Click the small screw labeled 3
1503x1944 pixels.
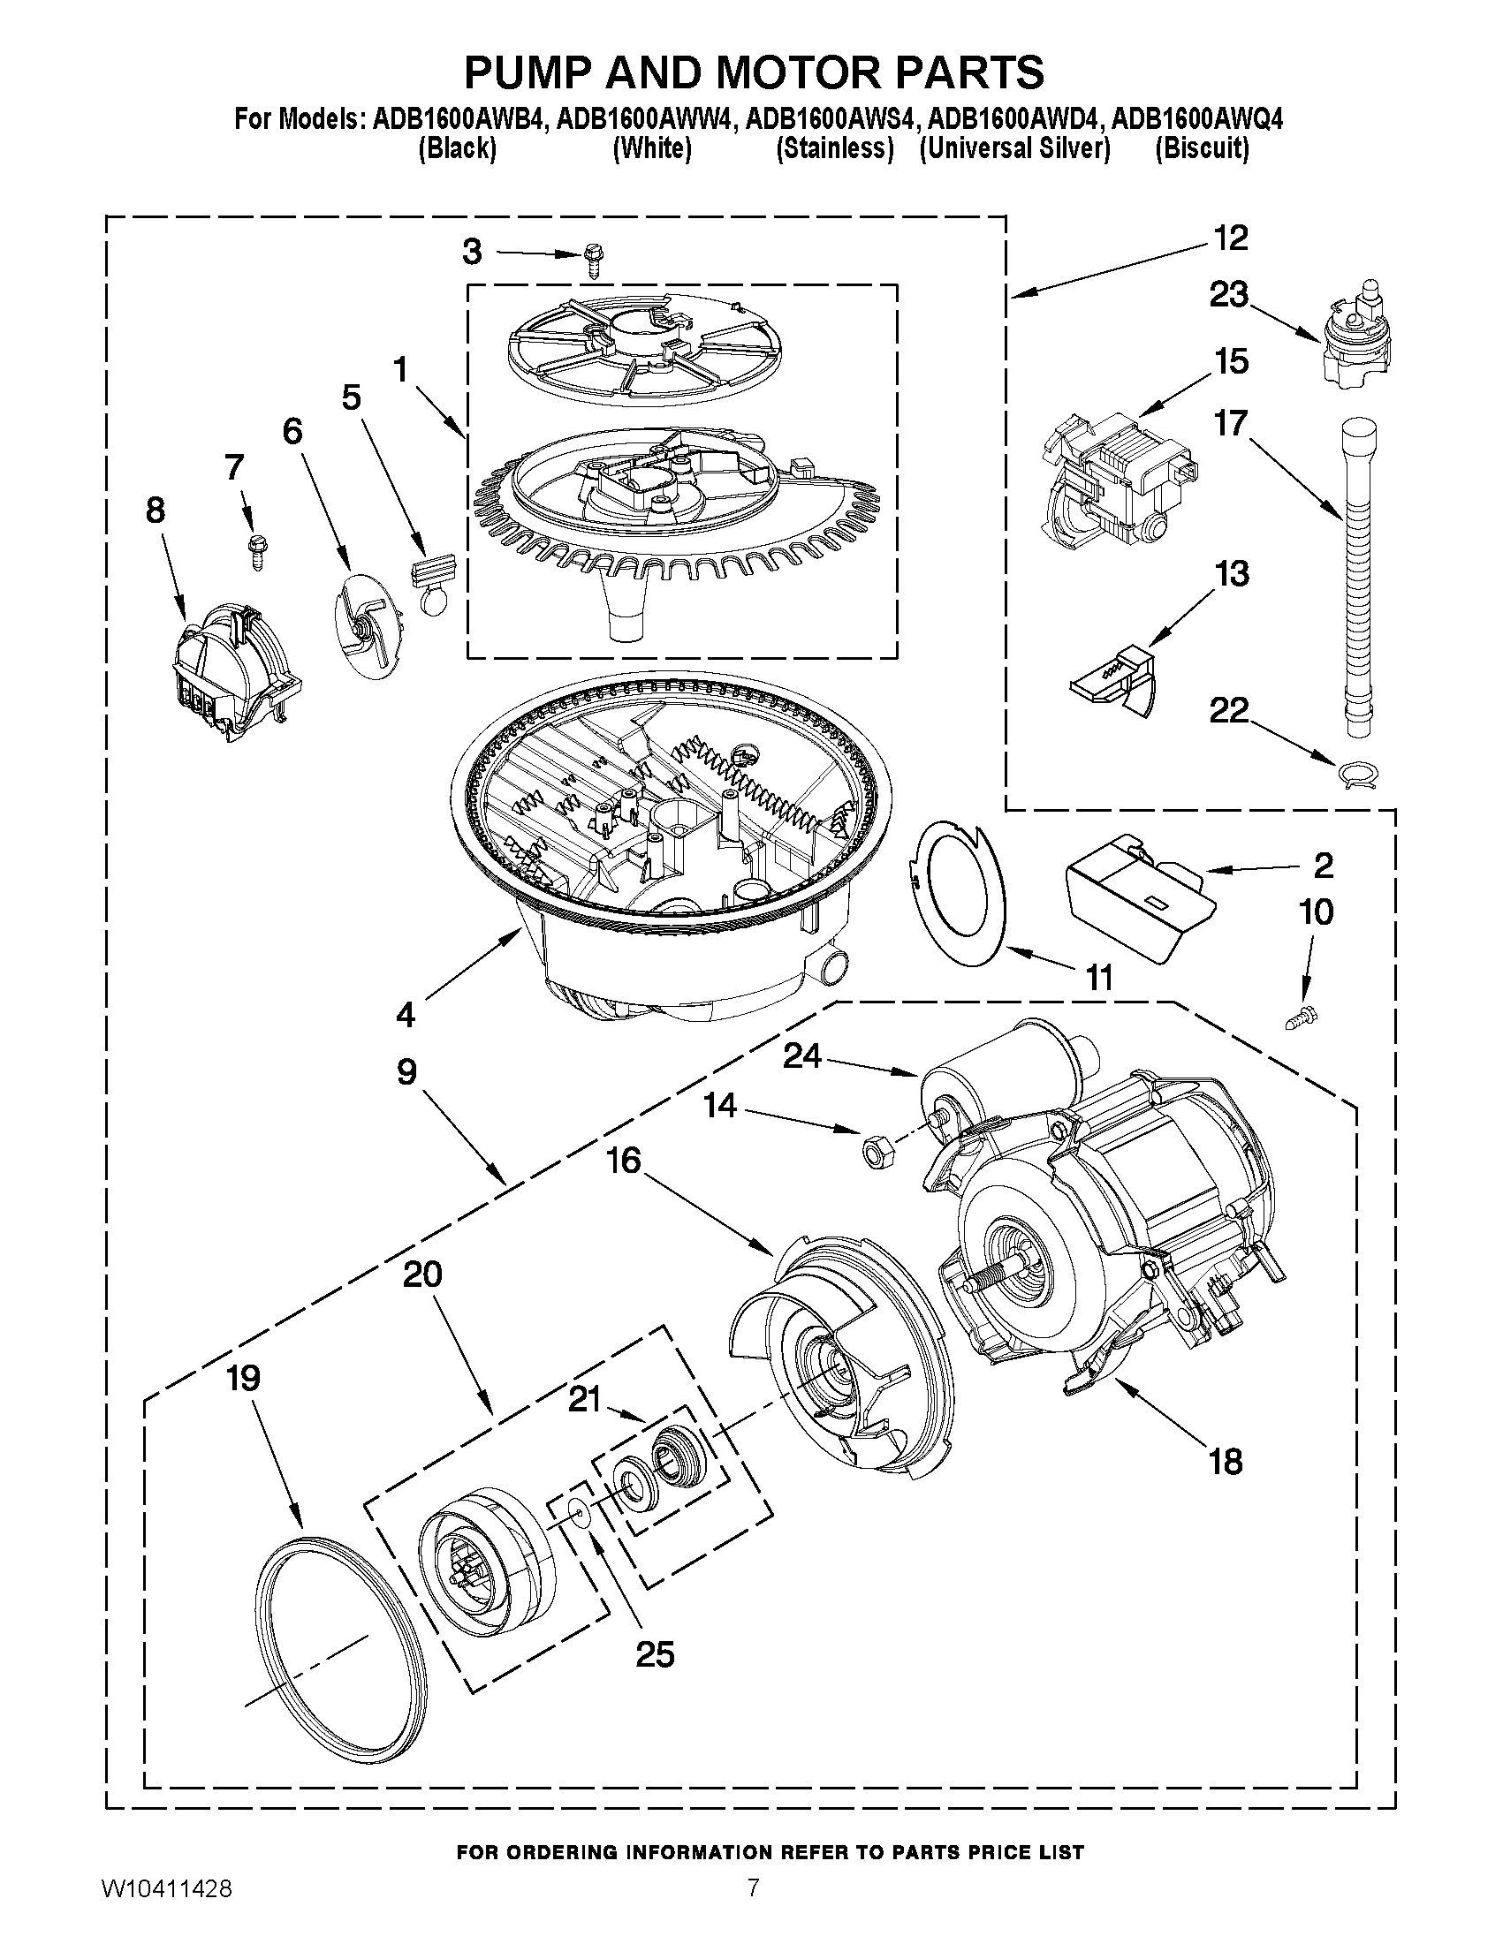tap(592, 261)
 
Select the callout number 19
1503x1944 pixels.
tap(242, 1378)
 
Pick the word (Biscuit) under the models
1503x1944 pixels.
tap(1201, 148)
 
